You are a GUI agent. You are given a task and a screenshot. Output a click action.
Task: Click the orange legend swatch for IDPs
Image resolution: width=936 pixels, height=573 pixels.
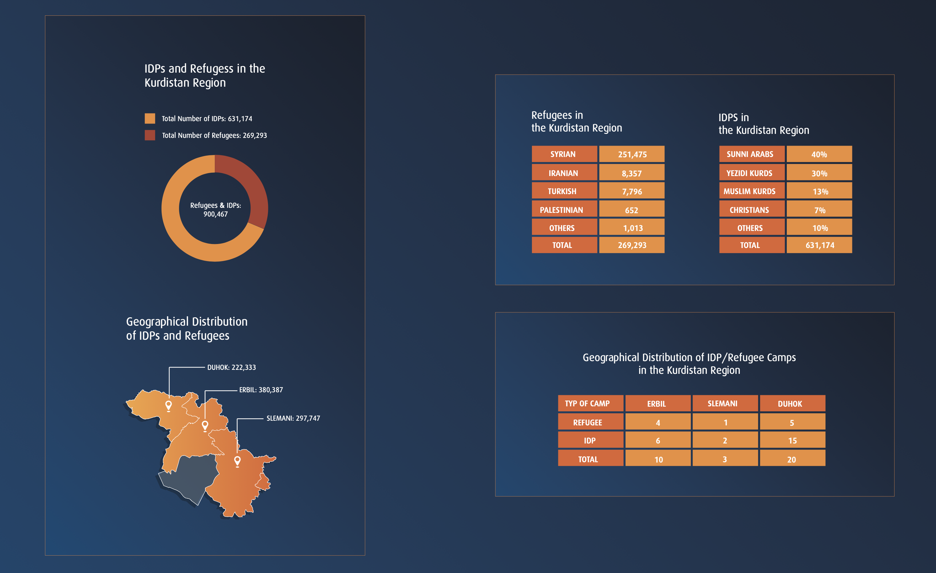pyautogui.click(x=150, y=118)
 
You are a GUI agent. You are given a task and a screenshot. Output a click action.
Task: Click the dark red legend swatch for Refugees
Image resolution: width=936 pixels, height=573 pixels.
pyautogui.click(x=150, y=135)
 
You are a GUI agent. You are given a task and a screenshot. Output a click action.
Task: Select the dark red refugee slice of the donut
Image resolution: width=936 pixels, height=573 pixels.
pyautogui.click(x=247, y=186)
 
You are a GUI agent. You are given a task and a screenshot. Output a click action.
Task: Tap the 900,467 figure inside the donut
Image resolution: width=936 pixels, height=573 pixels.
pyautogui.click(x=215, y=214)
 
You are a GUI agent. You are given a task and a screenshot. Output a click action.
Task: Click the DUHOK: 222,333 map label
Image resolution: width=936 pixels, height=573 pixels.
pyautogui.click(x=231, y=367)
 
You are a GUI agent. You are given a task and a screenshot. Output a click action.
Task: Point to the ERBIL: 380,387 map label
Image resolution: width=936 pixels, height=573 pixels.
pyautogui.click(x=261, y=390)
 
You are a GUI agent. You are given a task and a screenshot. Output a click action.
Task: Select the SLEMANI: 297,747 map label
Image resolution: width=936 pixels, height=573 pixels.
pyautogui.click(x=293, y=418)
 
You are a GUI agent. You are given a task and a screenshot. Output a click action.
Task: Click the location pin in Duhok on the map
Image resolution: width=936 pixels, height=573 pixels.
pyautogui.click(x=169, y=405)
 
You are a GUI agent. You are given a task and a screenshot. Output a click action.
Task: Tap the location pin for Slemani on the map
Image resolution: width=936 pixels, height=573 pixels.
pyautogui.click(x=238, y=461)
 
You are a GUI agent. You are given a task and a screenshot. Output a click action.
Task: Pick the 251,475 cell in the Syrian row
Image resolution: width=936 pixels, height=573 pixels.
pyautogui.click(x=632, y=154)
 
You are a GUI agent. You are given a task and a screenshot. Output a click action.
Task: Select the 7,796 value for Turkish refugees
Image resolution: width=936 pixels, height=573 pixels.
pyautogui.click(x=632, y=191)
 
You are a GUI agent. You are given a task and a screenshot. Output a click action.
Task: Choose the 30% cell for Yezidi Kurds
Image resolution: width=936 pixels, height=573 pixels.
pyautogui.click(x=819, y=173)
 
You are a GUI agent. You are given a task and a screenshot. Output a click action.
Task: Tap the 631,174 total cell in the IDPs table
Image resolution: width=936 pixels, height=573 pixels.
pyautogui.click(x=819, y=245)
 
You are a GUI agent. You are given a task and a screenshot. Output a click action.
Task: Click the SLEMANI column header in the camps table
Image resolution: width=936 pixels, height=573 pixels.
pyautogui.click(x=725, y=404)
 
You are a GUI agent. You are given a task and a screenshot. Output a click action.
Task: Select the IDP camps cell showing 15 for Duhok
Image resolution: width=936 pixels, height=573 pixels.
pyautogui.click(x=792, y=441)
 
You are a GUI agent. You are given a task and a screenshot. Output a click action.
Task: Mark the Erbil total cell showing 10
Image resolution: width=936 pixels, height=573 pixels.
pyautogui.click(x=658, y=460)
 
